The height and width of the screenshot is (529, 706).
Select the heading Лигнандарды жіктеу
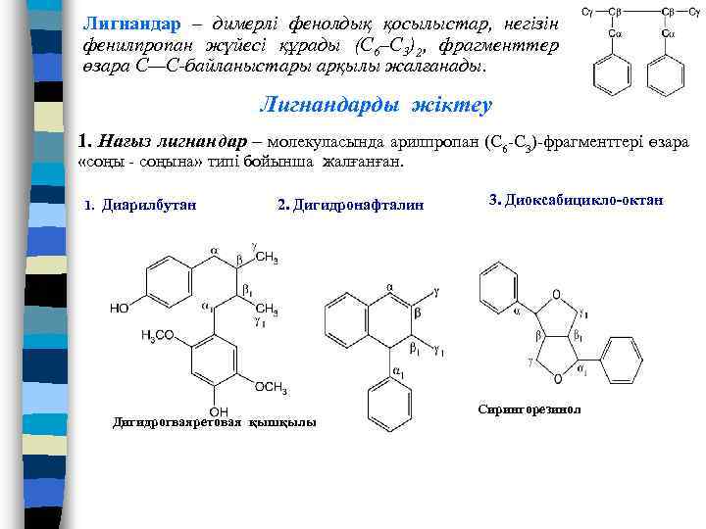click(376, 104)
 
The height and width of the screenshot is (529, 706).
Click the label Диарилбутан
click(147, 205)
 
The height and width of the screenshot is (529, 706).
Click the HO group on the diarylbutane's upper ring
click(119, 308)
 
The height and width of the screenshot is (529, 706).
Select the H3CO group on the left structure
click(158, 335)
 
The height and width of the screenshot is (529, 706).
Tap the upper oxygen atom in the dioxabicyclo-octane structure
click(556, 294)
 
